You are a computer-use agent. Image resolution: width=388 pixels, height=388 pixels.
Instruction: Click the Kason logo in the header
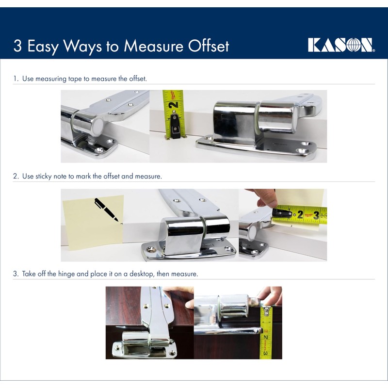341,45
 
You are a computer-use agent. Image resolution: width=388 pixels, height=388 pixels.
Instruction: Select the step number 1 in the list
15,78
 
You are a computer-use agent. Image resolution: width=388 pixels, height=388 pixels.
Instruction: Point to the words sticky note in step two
48,176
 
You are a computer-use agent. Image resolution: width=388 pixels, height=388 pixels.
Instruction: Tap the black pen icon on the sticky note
106,209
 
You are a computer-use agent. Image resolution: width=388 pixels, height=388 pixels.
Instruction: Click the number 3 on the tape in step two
316,214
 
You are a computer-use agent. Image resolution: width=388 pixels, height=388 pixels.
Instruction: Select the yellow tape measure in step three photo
266,335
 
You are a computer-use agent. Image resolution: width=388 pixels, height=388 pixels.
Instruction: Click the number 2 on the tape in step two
300,214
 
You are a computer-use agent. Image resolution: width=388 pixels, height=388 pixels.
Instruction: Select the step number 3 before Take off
15,274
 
